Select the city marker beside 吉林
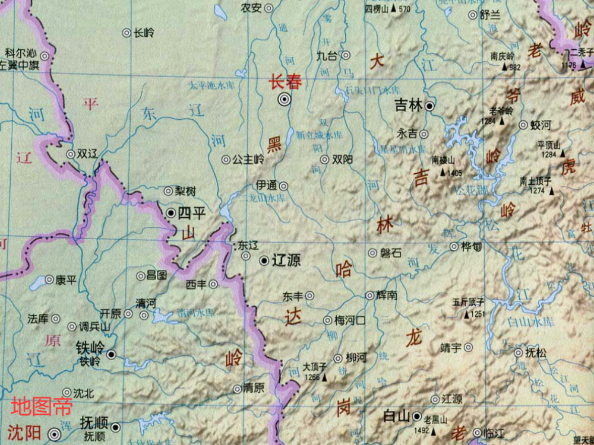pyautogui.click(x=429, y=106)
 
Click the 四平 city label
pyautogui.click(x=192, y=212)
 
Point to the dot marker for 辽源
pyautogui.click(x=264, y=260)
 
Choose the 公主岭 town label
pyautogui.click(x=248, y=159)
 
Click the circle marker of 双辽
pyautogui.click(x=71, y=154)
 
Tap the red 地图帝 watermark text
pyautogui.click(x=42, y=406)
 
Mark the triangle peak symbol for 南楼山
pyautogui.click(x=443, y=173)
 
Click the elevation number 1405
pyautogui.click(x=455, y=173)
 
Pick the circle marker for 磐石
pyautogui.click(x=372, y=253)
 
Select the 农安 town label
pyautogui.click(x=251, y=8)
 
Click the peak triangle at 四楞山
pyautogui.click(x=393, y=9)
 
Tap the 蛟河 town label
pyautogui.click(x=541, y=125)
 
